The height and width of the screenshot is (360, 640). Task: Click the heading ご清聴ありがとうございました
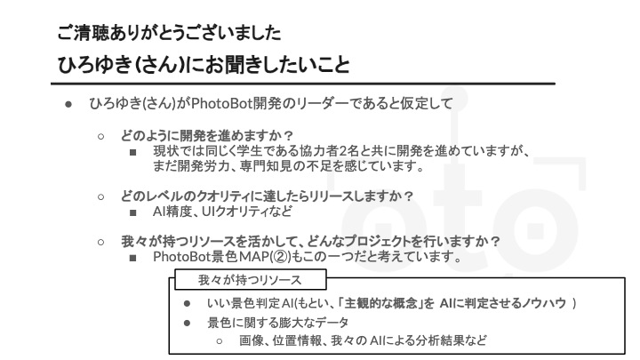[169, 33]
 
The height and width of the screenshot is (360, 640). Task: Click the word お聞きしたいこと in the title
[276, 65]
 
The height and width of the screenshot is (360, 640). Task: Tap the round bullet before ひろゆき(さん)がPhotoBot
[68, 105]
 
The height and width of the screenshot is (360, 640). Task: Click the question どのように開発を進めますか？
[207, 135]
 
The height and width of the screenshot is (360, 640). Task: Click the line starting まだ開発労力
[289, 166]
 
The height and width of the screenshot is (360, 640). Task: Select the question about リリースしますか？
[267, 196]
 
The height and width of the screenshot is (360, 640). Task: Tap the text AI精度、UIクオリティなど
[223, 212]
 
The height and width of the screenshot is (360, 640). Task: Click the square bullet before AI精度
[132, 212]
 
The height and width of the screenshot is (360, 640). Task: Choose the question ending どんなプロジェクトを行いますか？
[310, 242]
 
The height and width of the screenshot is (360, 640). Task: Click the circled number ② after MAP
[281, 257]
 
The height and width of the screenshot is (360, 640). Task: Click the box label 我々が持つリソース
[250, 280]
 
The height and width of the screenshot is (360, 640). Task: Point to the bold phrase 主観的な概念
[380, 303]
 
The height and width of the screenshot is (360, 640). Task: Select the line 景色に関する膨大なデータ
[278, 323]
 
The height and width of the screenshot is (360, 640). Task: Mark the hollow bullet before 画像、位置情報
[220, 341]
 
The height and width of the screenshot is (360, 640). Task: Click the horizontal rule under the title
[303, 84]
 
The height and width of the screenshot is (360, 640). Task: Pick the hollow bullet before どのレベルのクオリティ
[100, 197]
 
